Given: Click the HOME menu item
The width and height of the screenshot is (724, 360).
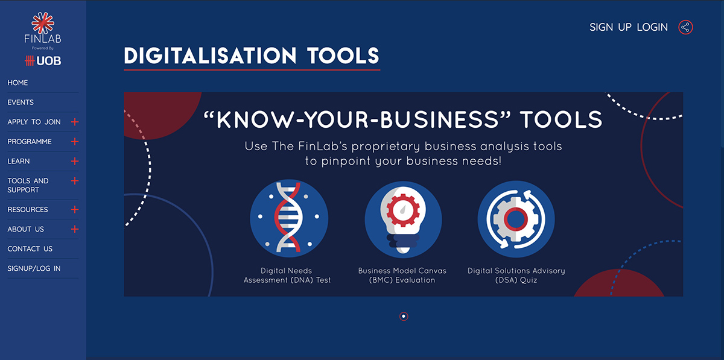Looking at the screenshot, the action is (x=17, y=83).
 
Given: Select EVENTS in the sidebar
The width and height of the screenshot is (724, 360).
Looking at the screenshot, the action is (x=21, y=103).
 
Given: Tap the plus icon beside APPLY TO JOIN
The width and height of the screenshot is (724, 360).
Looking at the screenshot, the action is (x=75, y=122).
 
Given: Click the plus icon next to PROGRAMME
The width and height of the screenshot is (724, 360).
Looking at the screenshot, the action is (x=75, y=142).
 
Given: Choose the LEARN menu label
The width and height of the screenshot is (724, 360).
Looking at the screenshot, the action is (x=19, y=161).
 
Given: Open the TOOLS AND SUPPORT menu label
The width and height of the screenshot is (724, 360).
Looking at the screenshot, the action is (x=28, y=185).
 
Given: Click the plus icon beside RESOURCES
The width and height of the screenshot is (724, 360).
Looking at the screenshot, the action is (x=75, y=209).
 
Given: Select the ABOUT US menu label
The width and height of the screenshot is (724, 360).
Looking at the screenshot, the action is (x=25, y=229).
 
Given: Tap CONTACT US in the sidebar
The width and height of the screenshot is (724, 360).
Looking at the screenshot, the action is (x=30, y=249).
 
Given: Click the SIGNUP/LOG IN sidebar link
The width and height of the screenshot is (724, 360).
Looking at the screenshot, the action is (x=34, y=268).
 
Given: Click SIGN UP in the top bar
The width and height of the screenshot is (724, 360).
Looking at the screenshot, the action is (x=610, y=27).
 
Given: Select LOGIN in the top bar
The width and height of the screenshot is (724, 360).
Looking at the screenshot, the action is (x=652, y=27).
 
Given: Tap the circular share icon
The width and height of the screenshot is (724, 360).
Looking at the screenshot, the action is (x=685, y=27).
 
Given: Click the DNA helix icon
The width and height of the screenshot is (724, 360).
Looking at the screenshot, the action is (x=289, y=218).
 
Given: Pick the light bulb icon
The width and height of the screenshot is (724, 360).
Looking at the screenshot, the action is (x=403, y=219).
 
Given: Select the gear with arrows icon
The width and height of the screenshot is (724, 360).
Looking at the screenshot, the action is (x=516, y=219).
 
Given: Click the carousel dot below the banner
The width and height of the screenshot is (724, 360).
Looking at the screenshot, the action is (x=404, y=317).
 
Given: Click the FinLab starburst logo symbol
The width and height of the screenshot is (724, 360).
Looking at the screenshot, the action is (x=43, y=23).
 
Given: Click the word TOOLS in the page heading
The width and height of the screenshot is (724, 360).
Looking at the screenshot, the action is (x=343, y=55).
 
